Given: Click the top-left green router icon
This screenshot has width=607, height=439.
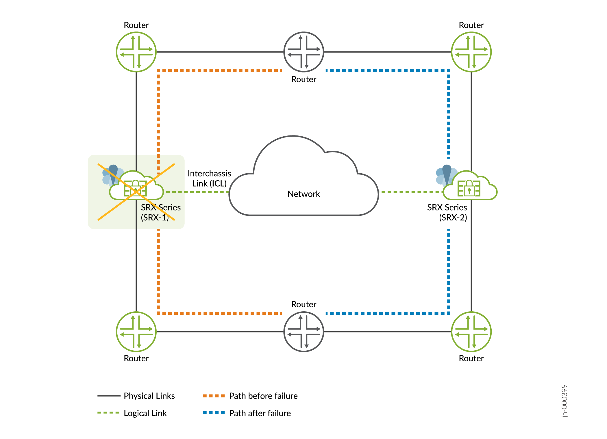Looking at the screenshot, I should pos(136,52).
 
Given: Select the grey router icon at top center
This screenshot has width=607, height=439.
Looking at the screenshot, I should pos(304,52).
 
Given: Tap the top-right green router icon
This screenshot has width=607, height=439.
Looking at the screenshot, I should pos(471,52).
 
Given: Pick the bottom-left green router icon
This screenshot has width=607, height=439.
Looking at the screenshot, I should pos(136,332).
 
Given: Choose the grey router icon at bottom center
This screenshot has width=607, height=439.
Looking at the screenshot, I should pos(304,332).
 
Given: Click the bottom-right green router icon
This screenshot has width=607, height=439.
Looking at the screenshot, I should pos(471,332).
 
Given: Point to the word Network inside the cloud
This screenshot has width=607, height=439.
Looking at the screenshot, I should pos(303,194).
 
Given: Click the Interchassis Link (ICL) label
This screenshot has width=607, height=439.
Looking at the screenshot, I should pos(209,178).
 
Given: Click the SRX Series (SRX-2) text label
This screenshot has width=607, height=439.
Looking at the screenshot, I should pos(447,212).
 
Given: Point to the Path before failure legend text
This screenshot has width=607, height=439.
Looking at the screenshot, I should pos(263,396).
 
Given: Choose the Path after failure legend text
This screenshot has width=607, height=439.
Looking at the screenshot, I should pos(260,413).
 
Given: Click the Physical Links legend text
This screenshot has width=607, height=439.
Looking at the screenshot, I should pos(149,396).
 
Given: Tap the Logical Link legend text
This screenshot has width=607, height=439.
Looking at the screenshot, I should pos(145,413).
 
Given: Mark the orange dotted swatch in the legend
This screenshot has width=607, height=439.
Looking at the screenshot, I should pos(214,396).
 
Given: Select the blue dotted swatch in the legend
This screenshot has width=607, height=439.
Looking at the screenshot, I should pos(214,413).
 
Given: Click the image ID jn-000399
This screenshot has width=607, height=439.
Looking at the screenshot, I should pos(564,401).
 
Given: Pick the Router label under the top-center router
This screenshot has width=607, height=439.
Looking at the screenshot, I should pos(304,79).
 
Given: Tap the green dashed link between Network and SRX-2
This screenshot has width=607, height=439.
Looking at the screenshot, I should pos(410,192).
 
